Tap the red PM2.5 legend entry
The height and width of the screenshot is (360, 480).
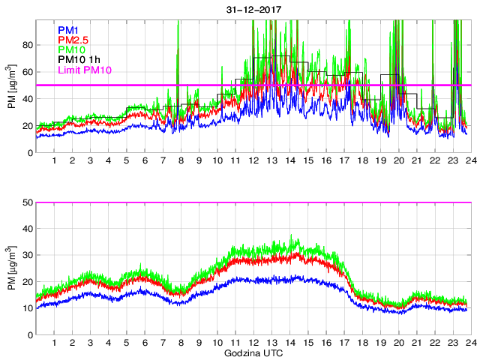(75, 39)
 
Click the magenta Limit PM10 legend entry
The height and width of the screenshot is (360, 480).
(85, 70)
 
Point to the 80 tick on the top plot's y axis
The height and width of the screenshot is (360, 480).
(27, 45)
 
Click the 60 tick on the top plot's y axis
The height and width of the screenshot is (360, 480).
(27, 72)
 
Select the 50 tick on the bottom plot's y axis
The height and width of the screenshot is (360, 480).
(27, 202)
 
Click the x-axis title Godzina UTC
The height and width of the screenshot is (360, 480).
(252, 352)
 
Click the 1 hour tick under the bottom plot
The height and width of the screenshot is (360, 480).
(54, 343)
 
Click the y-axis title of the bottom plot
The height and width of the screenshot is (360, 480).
(11, 268)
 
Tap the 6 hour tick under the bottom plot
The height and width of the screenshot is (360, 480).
(144, 343)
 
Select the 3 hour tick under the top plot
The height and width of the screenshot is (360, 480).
(90, 161)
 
